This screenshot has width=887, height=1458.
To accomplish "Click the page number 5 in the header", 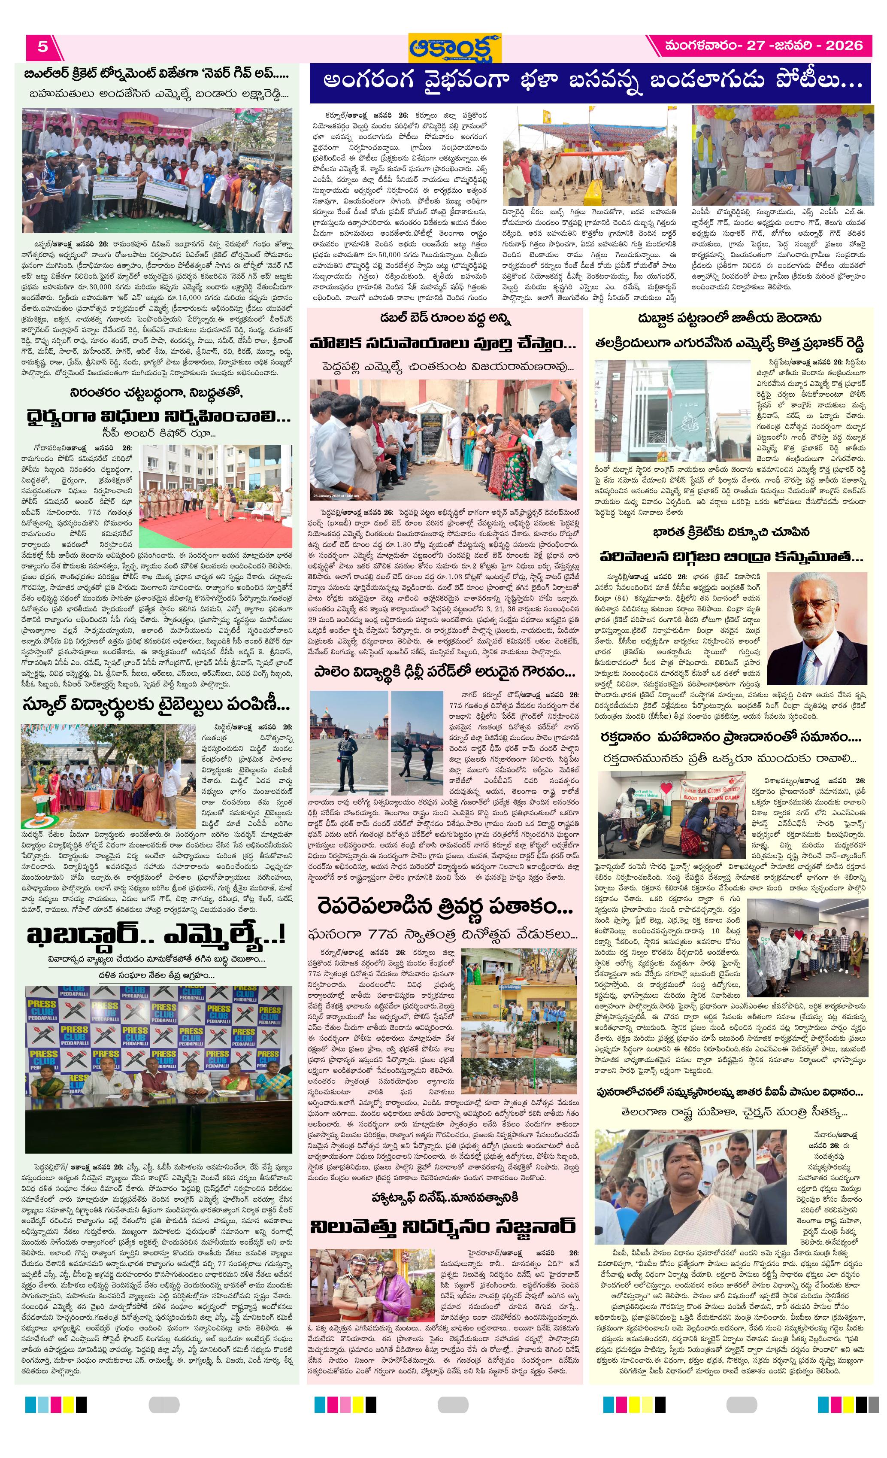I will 42,46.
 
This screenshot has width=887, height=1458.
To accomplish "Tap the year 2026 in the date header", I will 844,46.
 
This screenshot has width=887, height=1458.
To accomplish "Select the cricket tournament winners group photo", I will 157,170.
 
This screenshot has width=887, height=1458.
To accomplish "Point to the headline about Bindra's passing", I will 732,557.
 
